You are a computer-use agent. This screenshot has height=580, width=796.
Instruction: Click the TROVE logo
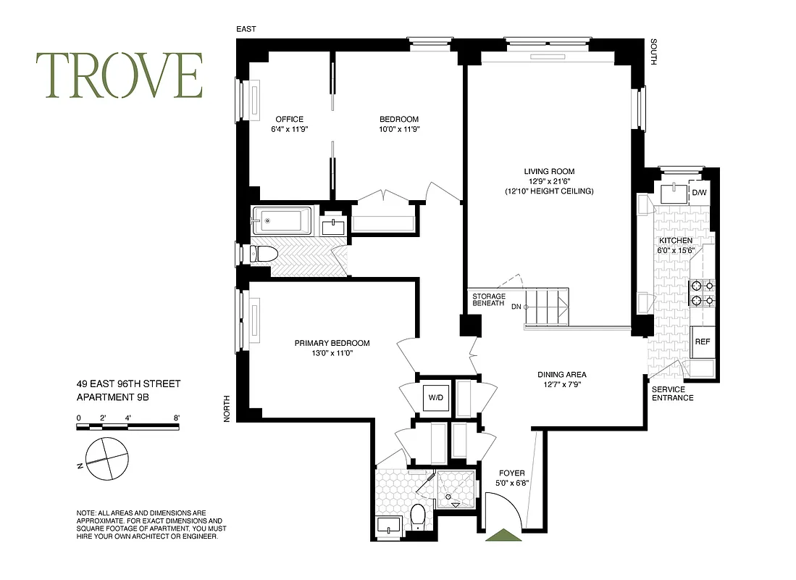[120, 76]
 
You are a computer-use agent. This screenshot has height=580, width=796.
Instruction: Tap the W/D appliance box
[436, 397]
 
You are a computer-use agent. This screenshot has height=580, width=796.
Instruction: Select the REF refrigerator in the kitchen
[702, 341]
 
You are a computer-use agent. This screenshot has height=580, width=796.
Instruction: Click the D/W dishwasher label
[698, 193]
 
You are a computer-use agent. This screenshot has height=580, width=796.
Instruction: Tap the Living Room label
[549, 172]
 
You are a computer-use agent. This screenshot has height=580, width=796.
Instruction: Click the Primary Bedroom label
[332, 343]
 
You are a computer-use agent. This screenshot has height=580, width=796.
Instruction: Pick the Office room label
[289, 120]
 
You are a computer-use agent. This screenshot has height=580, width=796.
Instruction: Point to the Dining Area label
[561, 375]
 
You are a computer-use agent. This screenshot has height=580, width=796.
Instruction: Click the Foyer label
[511, 473]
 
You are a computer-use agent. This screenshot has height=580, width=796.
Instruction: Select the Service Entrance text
[672, 394]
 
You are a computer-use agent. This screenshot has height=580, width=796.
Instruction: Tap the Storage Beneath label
[488, 300]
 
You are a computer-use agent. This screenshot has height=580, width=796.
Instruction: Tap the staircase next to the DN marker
[547, 307]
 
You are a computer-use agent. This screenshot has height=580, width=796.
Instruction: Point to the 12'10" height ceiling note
[549, 191]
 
